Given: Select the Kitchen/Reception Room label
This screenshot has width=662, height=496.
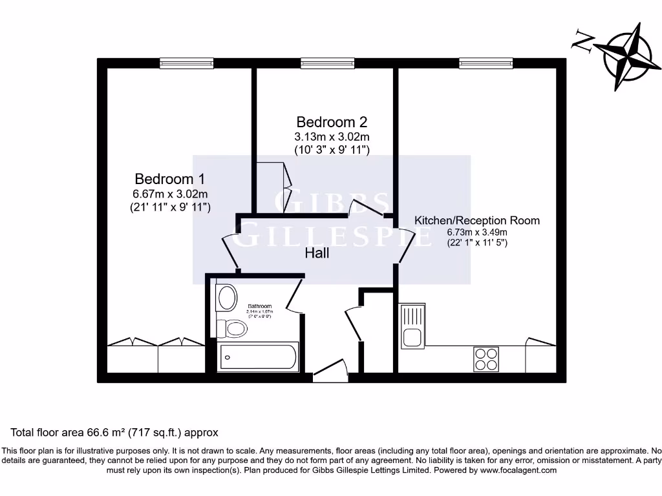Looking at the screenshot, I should tap(476, 220).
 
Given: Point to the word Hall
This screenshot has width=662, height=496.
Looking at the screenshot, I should tap(317, 253).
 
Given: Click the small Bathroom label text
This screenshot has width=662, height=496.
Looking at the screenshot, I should tap(259, 306).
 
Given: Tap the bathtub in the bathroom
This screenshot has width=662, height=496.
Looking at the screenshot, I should tap(259, 356).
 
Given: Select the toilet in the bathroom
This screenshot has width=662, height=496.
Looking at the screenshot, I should tap(232, 329).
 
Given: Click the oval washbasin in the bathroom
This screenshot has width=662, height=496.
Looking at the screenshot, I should tap(226, 298).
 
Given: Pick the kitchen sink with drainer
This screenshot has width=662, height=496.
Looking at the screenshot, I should tap(412, 326).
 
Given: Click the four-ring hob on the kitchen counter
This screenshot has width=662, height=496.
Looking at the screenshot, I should tap(486, 359).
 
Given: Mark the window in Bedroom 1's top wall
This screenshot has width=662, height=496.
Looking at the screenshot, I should tap(186, 63).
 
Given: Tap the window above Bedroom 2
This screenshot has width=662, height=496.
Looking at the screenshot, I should tap(327, 63).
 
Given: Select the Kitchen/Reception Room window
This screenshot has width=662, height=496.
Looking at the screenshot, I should tap(486, 63).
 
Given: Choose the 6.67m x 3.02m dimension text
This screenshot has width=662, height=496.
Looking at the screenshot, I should tap(170, 194).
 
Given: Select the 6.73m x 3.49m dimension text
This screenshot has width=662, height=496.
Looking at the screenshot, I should tap(476, 232).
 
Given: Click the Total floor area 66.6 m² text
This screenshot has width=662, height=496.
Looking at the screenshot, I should tap(114, 432).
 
